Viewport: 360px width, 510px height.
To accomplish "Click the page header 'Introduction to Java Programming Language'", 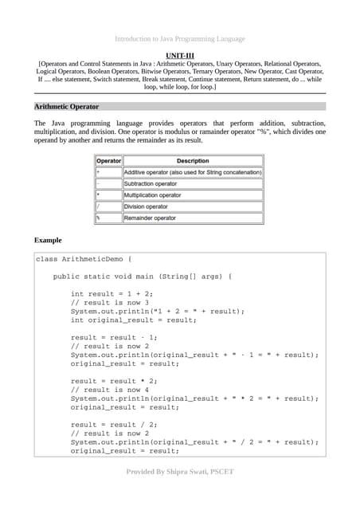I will [180, 38].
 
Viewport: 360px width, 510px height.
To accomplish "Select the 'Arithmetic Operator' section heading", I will [66, 106].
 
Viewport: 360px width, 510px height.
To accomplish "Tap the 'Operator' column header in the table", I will [108, 161].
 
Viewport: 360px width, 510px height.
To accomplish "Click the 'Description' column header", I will [193, 161].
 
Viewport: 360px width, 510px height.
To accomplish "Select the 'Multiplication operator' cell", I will [153, 195].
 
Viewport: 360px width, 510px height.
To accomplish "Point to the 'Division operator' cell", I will [146, 206].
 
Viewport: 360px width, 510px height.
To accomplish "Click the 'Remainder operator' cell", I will [151, 218].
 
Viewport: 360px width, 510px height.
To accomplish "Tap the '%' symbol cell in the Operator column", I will [99, 218].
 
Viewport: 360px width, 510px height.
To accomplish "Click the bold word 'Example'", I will [48, 240].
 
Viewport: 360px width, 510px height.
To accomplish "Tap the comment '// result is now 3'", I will [117, 303].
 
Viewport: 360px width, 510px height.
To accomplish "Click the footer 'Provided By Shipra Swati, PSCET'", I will [180, 472].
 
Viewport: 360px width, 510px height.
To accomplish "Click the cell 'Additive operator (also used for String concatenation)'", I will [193, 172].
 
